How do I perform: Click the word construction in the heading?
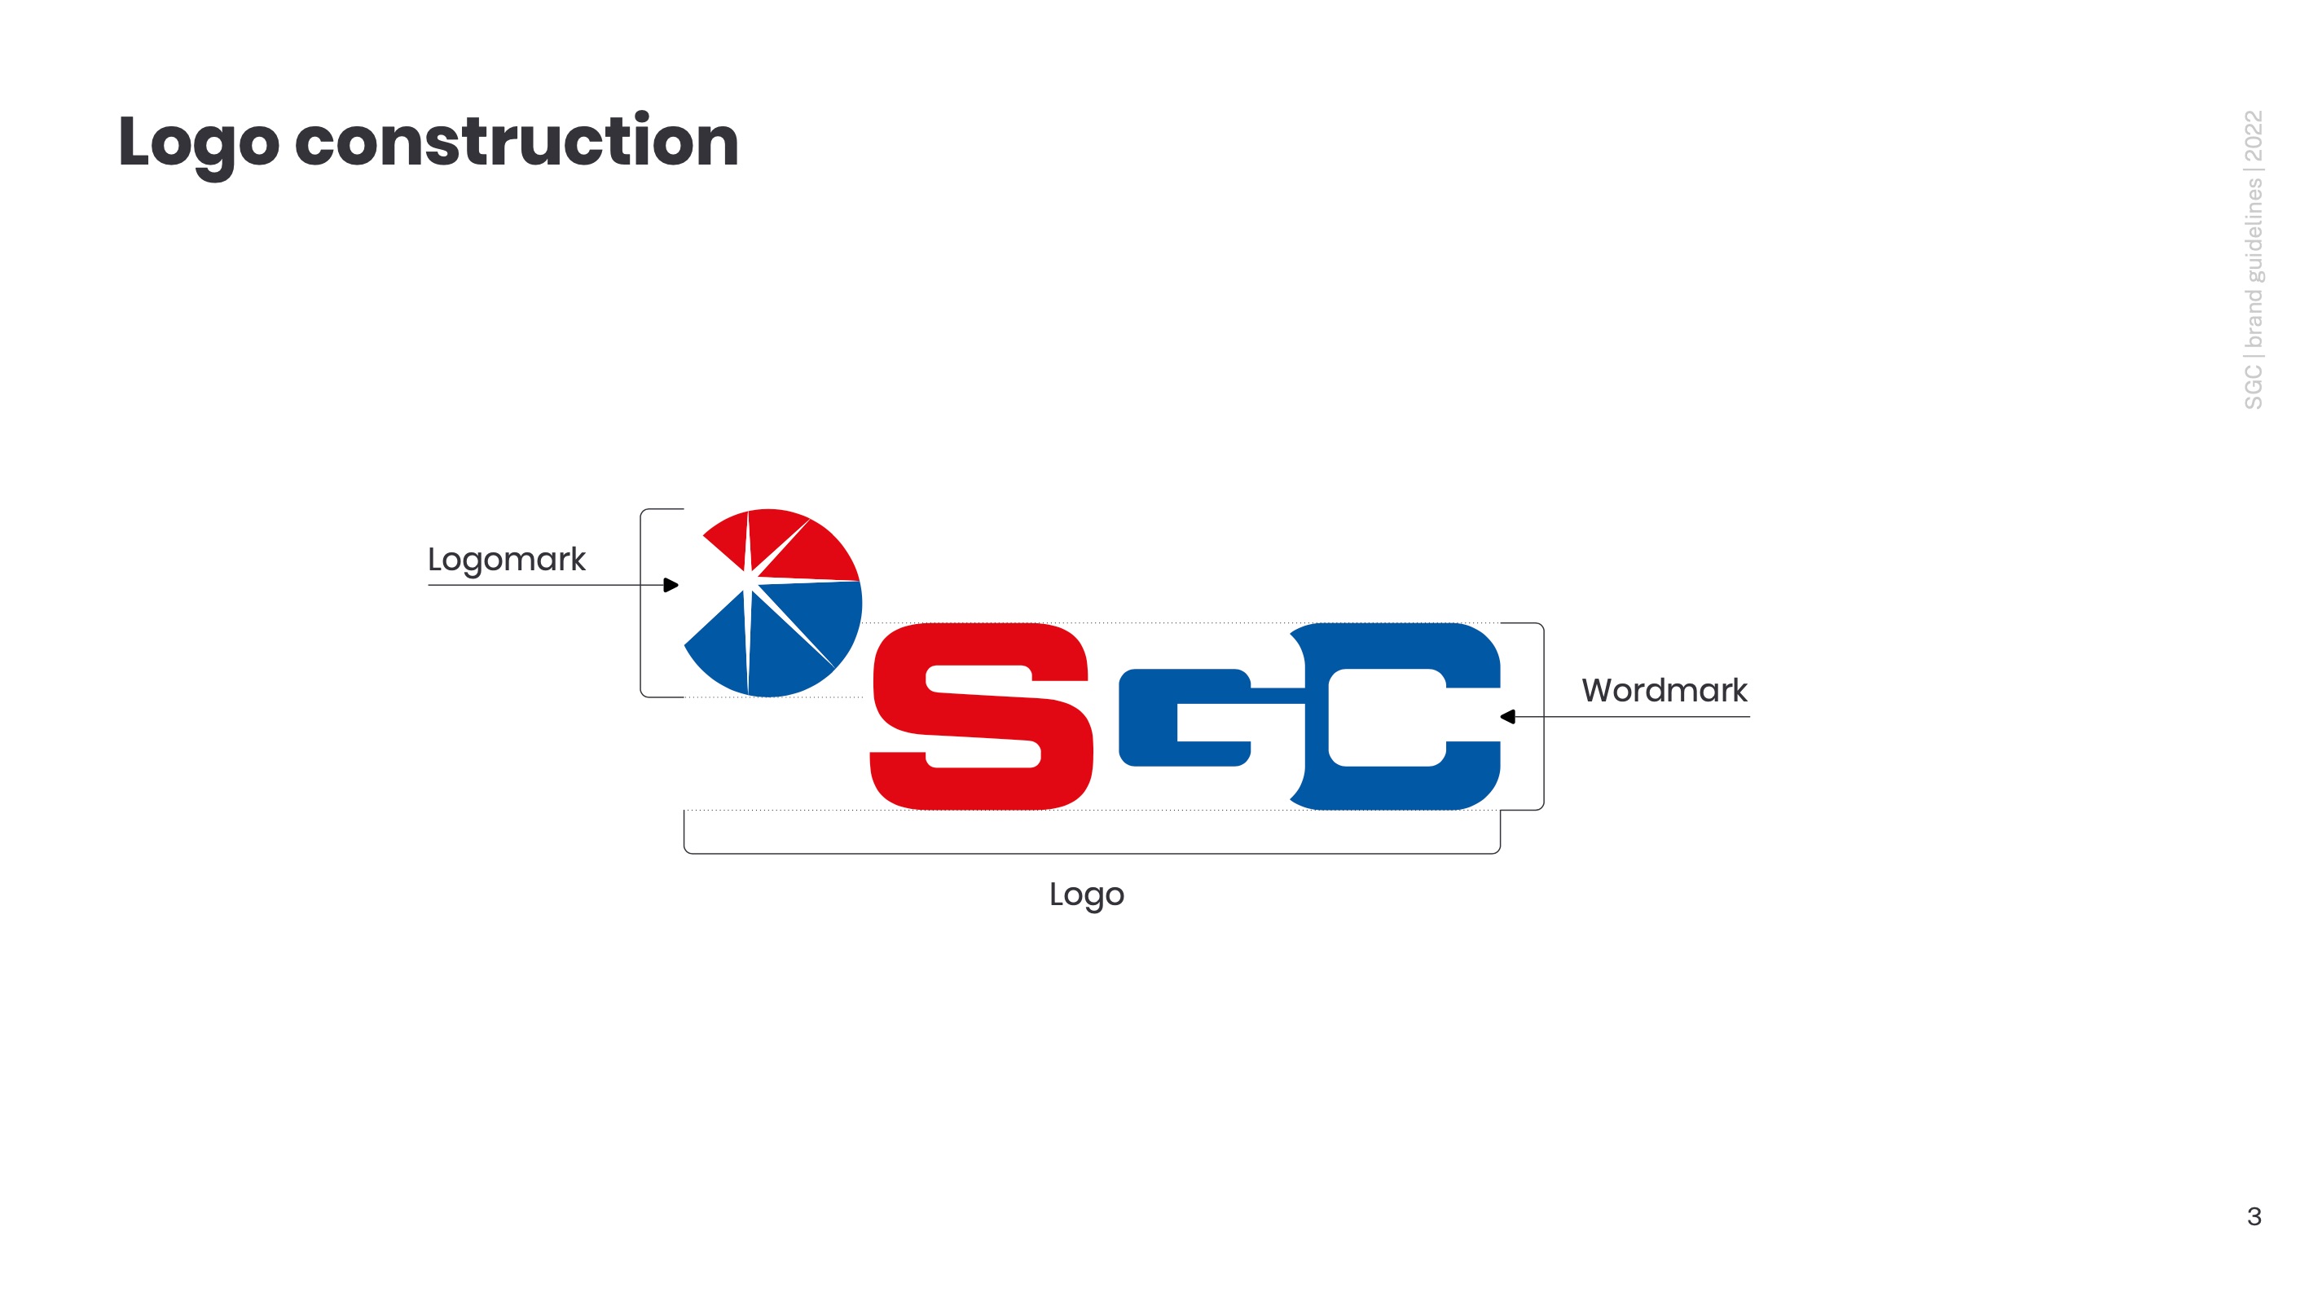(x=517, y=143)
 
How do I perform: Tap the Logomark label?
(x=506, y=560)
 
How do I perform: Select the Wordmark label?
(x=1664, y=691)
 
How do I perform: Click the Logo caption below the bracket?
(x=1086, y=895)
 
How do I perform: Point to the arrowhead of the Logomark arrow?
(x=671, y=585)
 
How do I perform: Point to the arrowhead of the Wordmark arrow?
(x=1508, y=717)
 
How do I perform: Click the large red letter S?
(x=983, y=717)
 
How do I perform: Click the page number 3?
(x=2254, y=1216)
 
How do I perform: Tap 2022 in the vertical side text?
(x=2253, y=135)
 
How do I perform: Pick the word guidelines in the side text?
(x=2253, y=231)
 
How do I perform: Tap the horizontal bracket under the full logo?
(x=1091, y=853)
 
